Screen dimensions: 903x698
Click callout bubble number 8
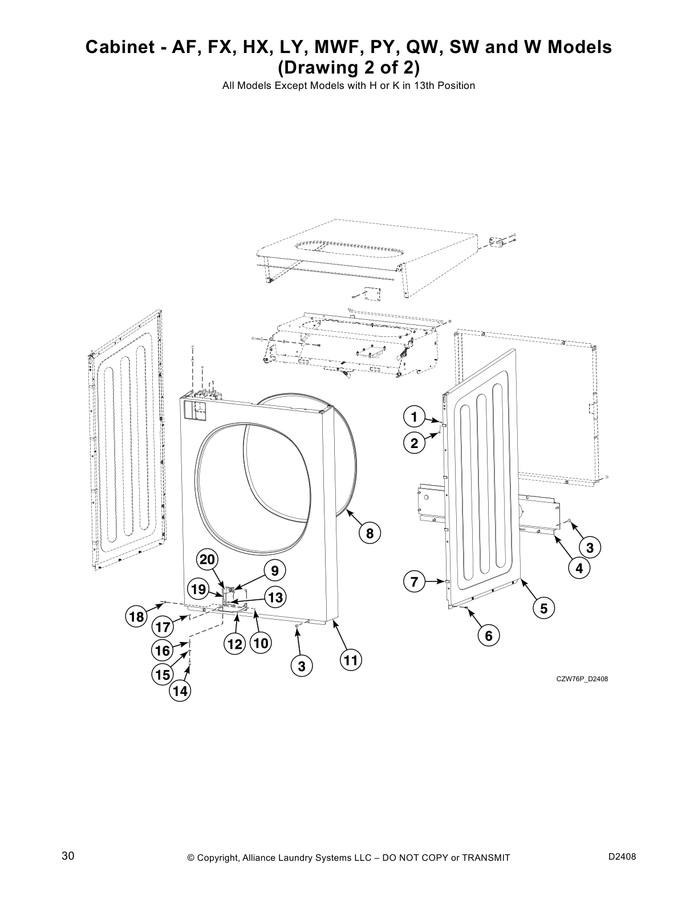tap(370, 534)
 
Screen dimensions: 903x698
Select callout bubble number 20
tap(207, 560)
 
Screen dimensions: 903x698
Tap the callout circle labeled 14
tap(180, 692)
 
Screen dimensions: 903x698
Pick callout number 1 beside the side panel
tap(415, 417)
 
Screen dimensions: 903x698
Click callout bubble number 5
tap(543, 609)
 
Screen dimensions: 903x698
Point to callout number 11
tap(351, 661)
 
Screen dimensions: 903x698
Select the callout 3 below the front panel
tap(302, 666)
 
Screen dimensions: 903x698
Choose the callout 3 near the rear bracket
tap(590, 548)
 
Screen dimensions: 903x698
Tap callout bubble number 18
tap(136, 617)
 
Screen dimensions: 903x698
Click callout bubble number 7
tap(415, 582)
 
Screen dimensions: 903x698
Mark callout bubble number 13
tap(275, 597)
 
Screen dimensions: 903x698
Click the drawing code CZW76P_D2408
tap(578, 678)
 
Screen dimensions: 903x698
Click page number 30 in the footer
tap(68, 856)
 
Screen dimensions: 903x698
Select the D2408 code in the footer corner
tap(622, 857)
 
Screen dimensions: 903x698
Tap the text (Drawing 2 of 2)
tap(348, 67)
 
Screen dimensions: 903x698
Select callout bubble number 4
tap(579, 568)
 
